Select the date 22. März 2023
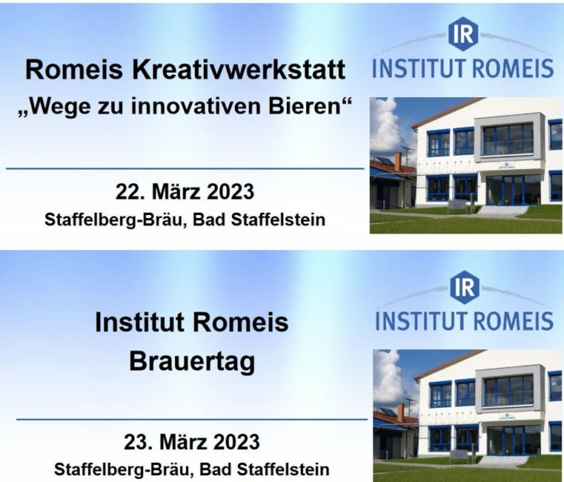pyautogui.click(x=184, y=191)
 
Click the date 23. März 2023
pyautogui.click(x=192, y=441)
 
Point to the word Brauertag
pyautogui.click(x=192, y=361)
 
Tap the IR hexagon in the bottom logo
pyautogui.click(x=465, y=287)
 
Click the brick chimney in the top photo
pyautogui.click(x=397, y=162)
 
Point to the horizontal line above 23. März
pyautogui.click(x=192, y=419)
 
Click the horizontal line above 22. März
pyautogui.click(x=185, y=168)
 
